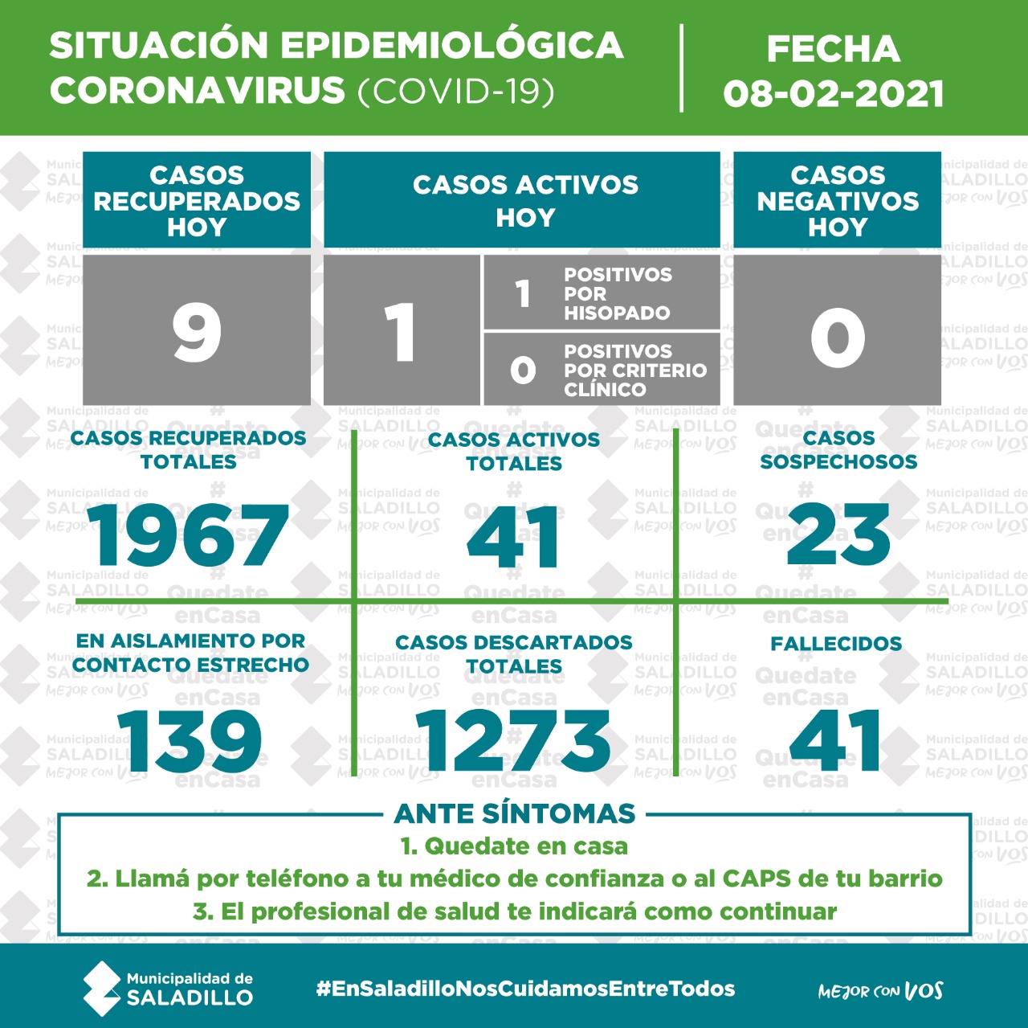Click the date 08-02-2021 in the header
(833, 94)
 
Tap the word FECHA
(833, 49)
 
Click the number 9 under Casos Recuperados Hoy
(197, 332)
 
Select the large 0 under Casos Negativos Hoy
(837, 338)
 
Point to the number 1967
(189, 536)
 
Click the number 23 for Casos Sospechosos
(838, 535)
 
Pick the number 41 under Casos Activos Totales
(514, 537)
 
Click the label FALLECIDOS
(836, 644)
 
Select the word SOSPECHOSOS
(838, 462)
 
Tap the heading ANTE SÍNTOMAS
(515, 813)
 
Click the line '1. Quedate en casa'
(514, 846)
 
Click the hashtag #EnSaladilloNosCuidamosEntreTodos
(526, 989)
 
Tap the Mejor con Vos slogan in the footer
(880, 991)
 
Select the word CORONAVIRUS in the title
(198, 91)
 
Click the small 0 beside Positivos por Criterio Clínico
(523, 370)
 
